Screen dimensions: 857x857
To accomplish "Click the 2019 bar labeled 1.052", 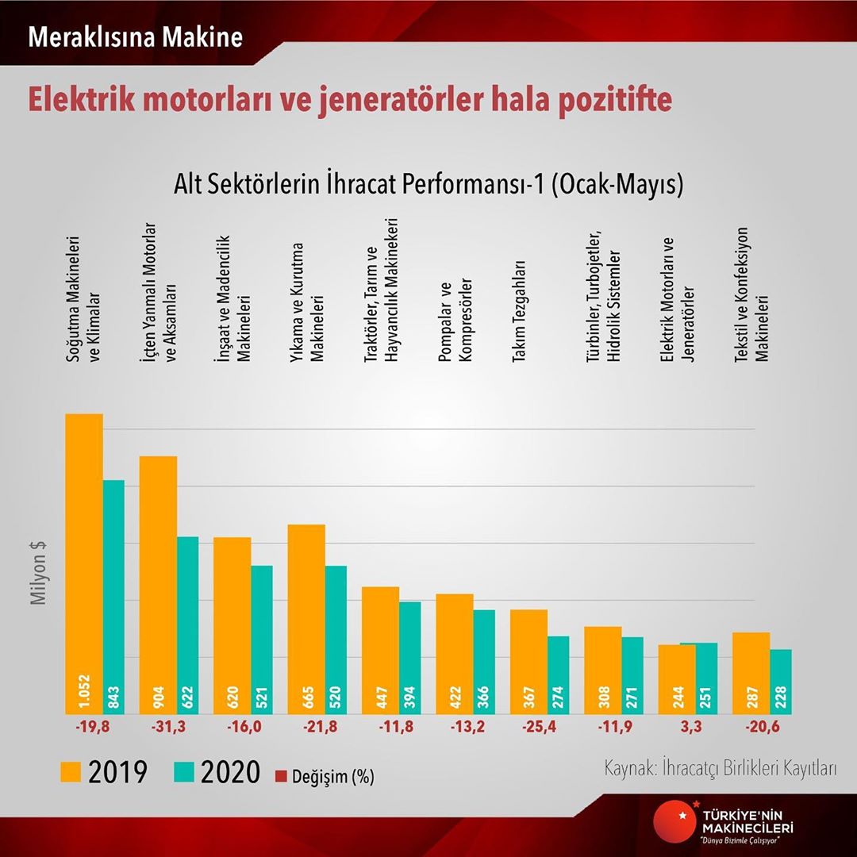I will (84, 555).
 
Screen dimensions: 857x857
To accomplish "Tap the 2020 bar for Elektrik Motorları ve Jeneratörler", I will (698, 674).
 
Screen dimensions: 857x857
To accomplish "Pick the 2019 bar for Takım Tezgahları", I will (528, 659).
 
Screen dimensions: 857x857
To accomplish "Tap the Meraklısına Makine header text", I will (135, 37).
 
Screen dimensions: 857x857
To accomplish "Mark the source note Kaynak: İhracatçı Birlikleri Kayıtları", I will (721, 769).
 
